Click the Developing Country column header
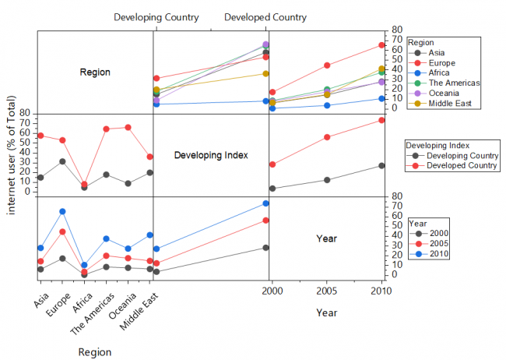point(156,17)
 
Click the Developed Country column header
point(265,17)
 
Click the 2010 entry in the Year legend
point(430,253)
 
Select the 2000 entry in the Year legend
point(430,233)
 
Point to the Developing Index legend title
point(436,145)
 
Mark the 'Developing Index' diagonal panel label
point(211,155)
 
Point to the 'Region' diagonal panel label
point(95,72)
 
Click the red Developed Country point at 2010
point(381,120)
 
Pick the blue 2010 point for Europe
point(62,211)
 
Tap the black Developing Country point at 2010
point(381,165)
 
